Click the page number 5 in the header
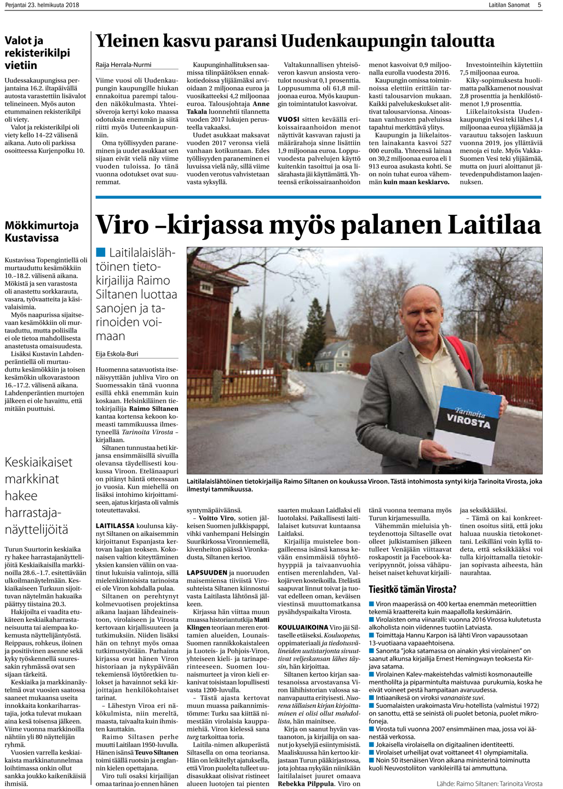point(539,5)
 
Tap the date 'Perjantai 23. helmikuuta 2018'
point(42,5)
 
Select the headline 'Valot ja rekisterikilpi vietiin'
point(37,53)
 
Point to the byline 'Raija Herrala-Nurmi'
point(123,65)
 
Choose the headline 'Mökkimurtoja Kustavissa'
point(42,231)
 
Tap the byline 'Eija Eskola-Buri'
point(117,354)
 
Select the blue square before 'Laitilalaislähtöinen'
point(100,253)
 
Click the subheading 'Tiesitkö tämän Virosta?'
point(412,590)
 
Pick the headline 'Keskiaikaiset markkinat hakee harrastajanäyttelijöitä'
point(38,495)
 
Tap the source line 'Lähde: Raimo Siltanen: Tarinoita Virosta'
point(489,784)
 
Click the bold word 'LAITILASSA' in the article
point(114,526)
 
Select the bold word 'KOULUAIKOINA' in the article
point(303,627)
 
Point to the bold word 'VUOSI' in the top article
point(289,119)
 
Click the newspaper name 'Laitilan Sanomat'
point(509,5)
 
